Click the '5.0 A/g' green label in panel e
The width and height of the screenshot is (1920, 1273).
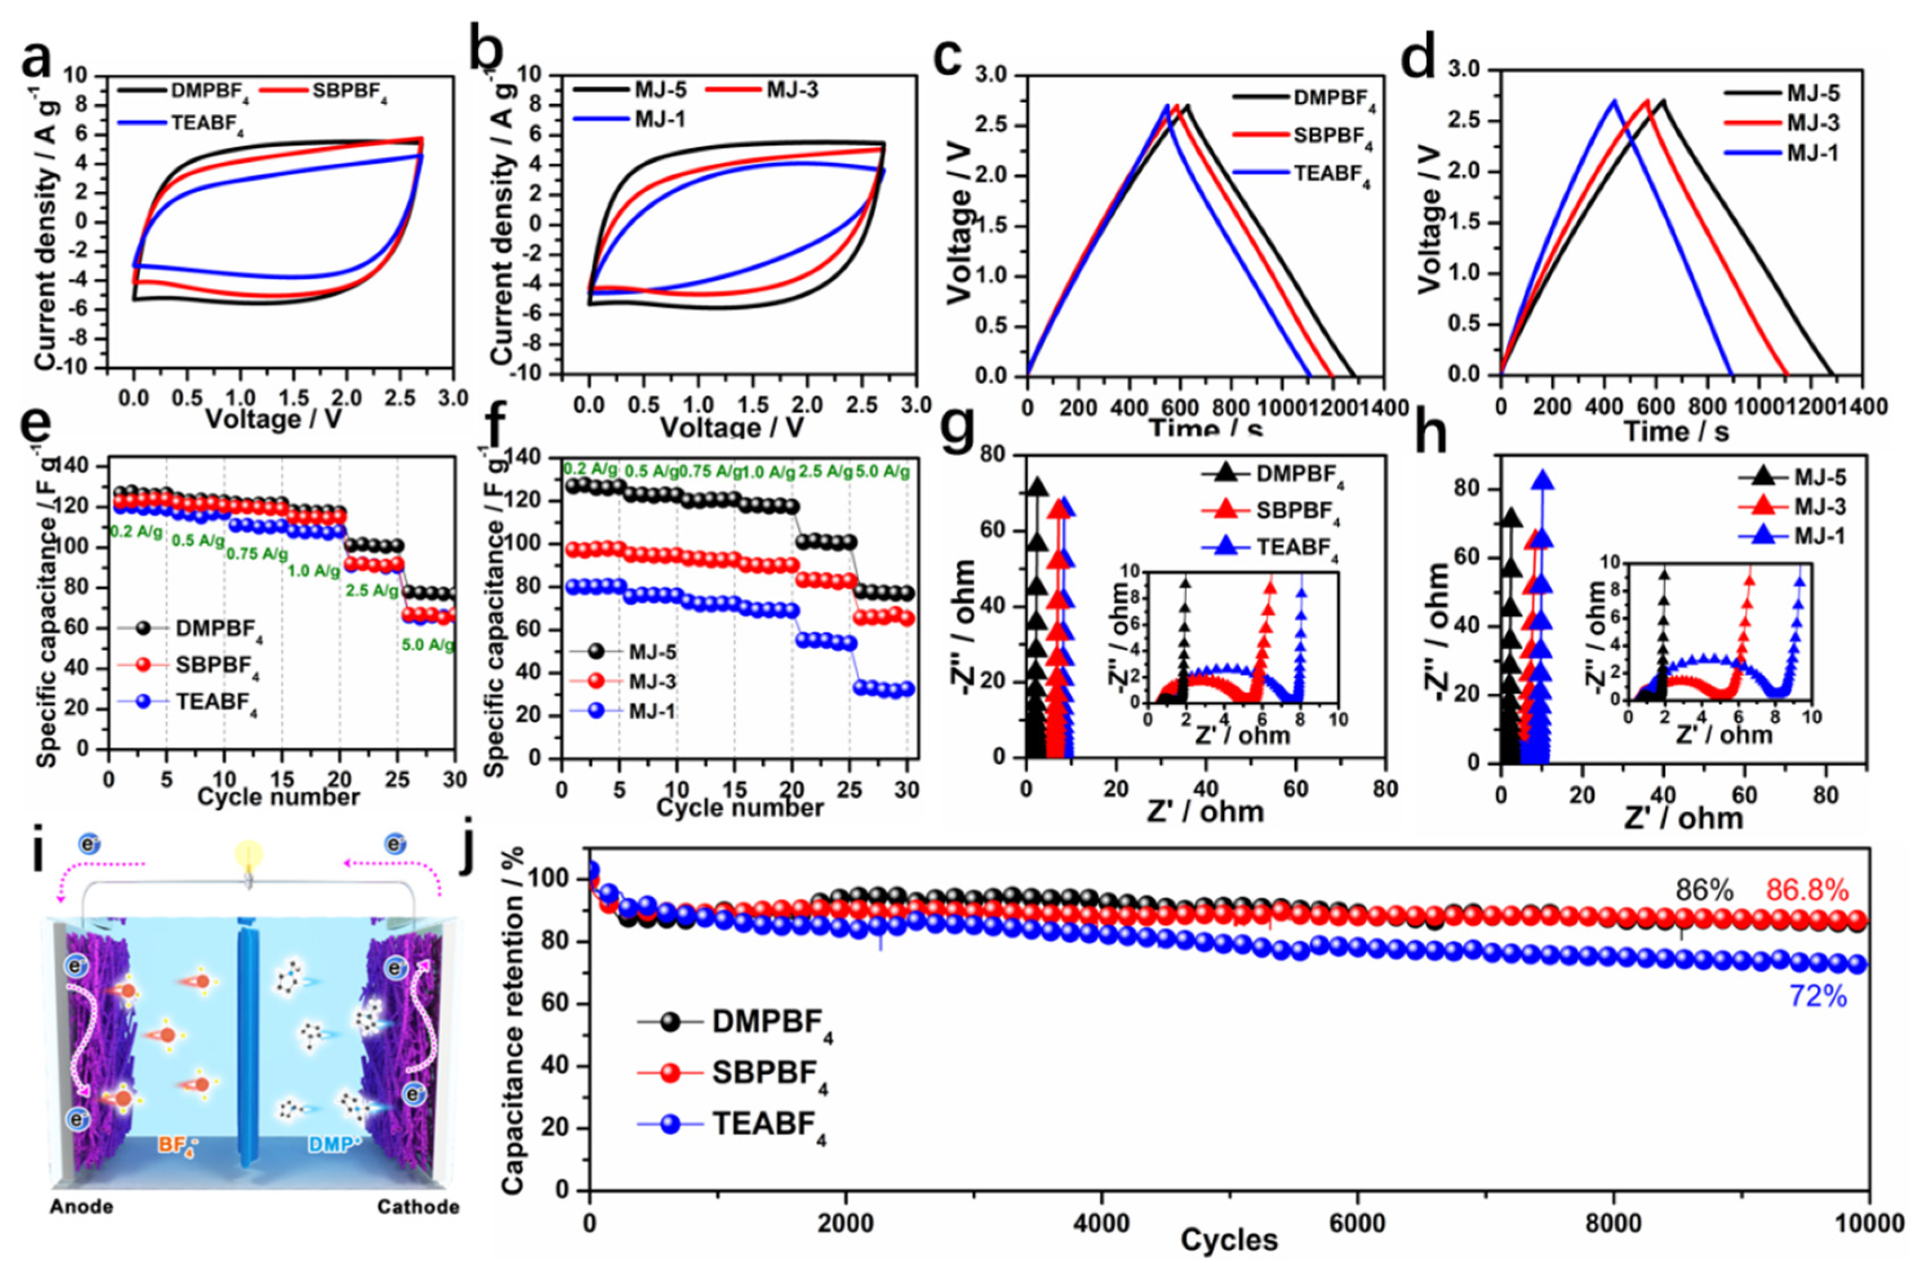coord(428,646)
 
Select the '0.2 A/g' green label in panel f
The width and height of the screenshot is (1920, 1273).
coord(591,469)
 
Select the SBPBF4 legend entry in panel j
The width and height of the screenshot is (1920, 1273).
coord(769,1073)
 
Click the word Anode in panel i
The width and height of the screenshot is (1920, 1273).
coord(81,1207)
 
